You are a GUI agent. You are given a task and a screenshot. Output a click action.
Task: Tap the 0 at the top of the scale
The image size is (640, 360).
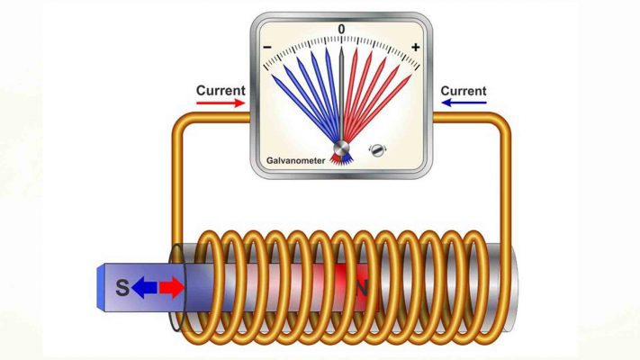click(x=341, y=30)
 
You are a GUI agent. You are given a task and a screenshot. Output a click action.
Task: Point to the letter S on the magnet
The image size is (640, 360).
click(x=122, y=289)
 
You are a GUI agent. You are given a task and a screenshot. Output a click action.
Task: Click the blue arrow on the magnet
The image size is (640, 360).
click(x=145, y=288)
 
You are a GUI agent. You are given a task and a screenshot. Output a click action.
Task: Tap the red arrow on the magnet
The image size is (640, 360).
click(x=171, y=288)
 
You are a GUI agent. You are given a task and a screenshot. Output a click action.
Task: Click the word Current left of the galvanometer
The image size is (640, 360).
click(x=220, y=91)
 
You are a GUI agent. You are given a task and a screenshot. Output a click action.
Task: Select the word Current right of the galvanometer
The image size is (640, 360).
click(x=464, y=91)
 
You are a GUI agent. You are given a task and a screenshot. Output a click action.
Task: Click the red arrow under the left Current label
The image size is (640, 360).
click(x=221, y=103)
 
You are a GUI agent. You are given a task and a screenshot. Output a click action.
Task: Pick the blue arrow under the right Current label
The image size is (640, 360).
click(x=463, y=103)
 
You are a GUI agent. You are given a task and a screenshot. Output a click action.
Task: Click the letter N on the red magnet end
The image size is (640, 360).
click(x=363, y=289)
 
